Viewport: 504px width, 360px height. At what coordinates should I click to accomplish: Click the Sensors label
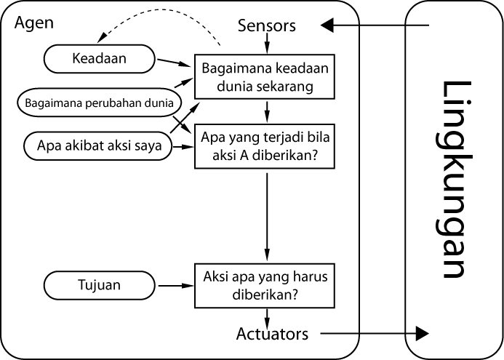point(267,25)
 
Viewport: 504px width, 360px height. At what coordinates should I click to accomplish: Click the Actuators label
point(272,334)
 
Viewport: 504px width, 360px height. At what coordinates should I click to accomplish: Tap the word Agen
point(33,23)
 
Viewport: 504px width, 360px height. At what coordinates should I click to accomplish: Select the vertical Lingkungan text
point(453,180)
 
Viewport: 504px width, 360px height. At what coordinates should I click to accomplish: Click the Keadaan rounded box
point(100,59)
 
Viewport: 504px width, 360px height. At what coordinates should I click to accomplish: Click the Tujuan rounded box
point(100,286)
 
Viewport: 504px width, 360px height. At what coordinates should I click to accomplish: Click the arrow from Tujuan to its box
point(175,286)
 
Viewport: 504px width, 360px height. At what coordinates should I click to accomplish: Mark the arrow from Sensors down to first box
point(268,44)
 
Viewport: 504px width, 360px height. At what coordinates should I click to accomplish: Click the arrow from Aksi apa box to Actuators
point(268,317)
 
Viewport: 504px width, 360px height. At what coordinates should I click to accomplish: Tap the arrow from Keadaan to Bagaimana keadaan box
point(175,63)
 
